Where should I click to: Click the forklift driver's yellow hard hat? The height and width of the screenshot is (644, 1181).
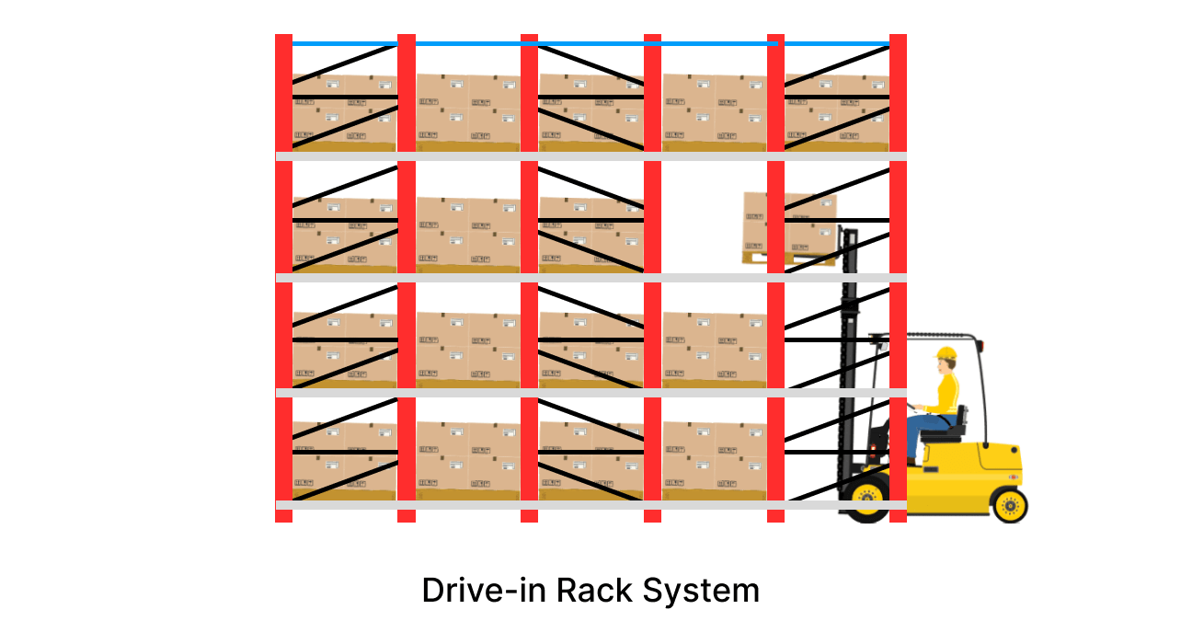(x=946, y=353)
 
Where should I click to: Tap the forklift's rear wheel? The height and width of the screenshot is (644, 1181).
(x=1009, y=505)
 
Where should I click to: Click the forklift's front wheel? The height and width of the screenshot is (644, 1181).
(x=866, y=500)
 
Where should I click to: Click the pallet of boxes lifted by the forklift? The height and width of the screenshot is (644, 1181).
(x=789, y=226)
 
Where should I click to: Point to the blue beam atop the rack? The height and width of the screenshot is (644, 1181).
(x=589, y=43)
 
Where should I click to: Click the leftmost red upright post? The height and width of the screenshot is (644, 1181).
(x=283, y=276)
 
